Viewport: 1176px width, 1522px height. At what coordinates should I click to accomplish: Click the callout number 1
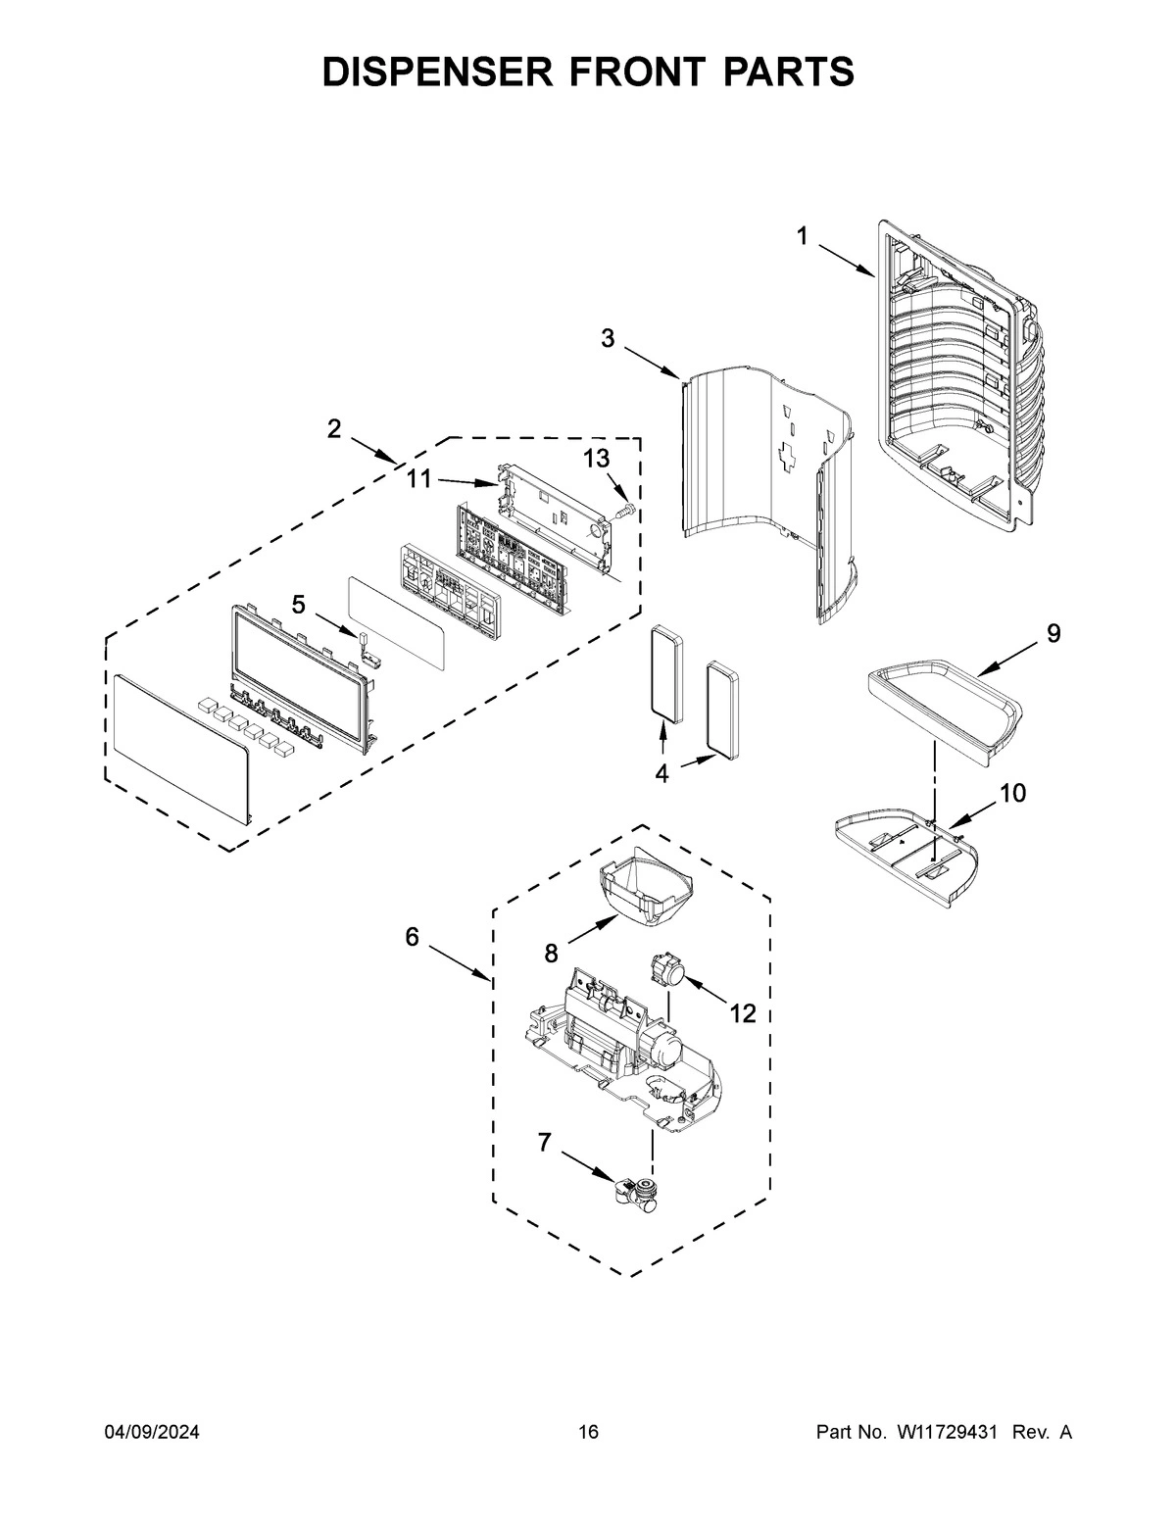[802, 236]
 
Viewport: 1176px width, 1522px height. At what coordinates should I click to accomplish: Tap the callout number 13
[596, 458]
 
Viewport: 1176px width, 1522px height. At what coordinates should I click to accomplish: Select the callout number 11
[419, 478]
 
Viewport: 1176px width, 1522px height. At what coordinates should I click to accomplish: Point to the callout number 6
[412, 937]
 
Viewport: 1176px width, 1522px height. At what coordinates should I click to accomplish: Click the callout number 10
[1012, 793]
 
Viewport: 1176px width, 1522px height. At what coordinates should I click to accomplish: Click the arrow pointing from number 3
[652, 360]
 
